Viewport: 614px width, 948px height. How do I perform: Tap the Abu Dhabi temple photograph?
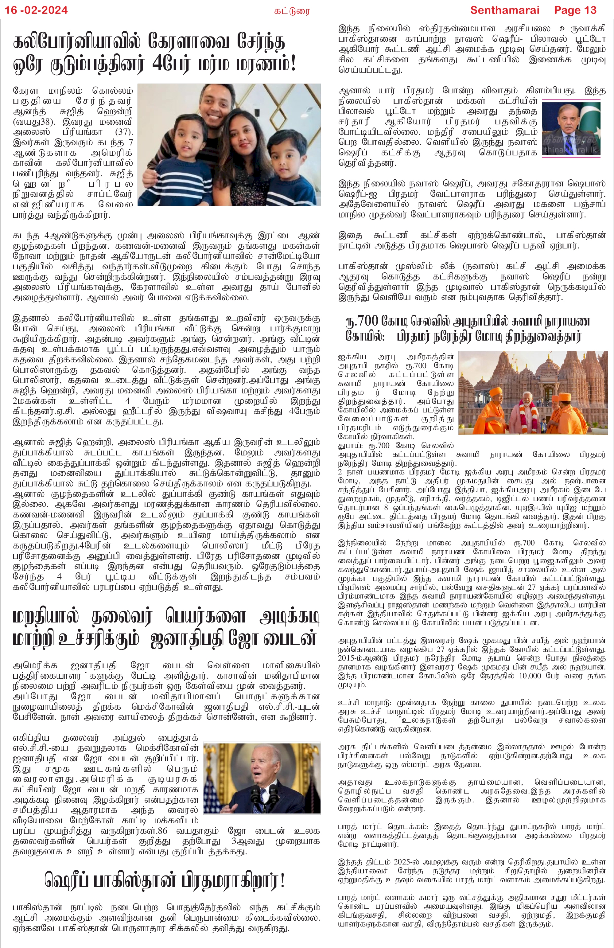[533, 392]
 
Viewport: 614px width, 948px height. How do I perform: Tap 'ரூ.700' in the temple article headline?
[361, 321]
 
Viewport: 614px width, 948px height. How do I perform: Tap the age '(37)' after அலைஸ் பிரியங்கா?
[124, 132]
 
